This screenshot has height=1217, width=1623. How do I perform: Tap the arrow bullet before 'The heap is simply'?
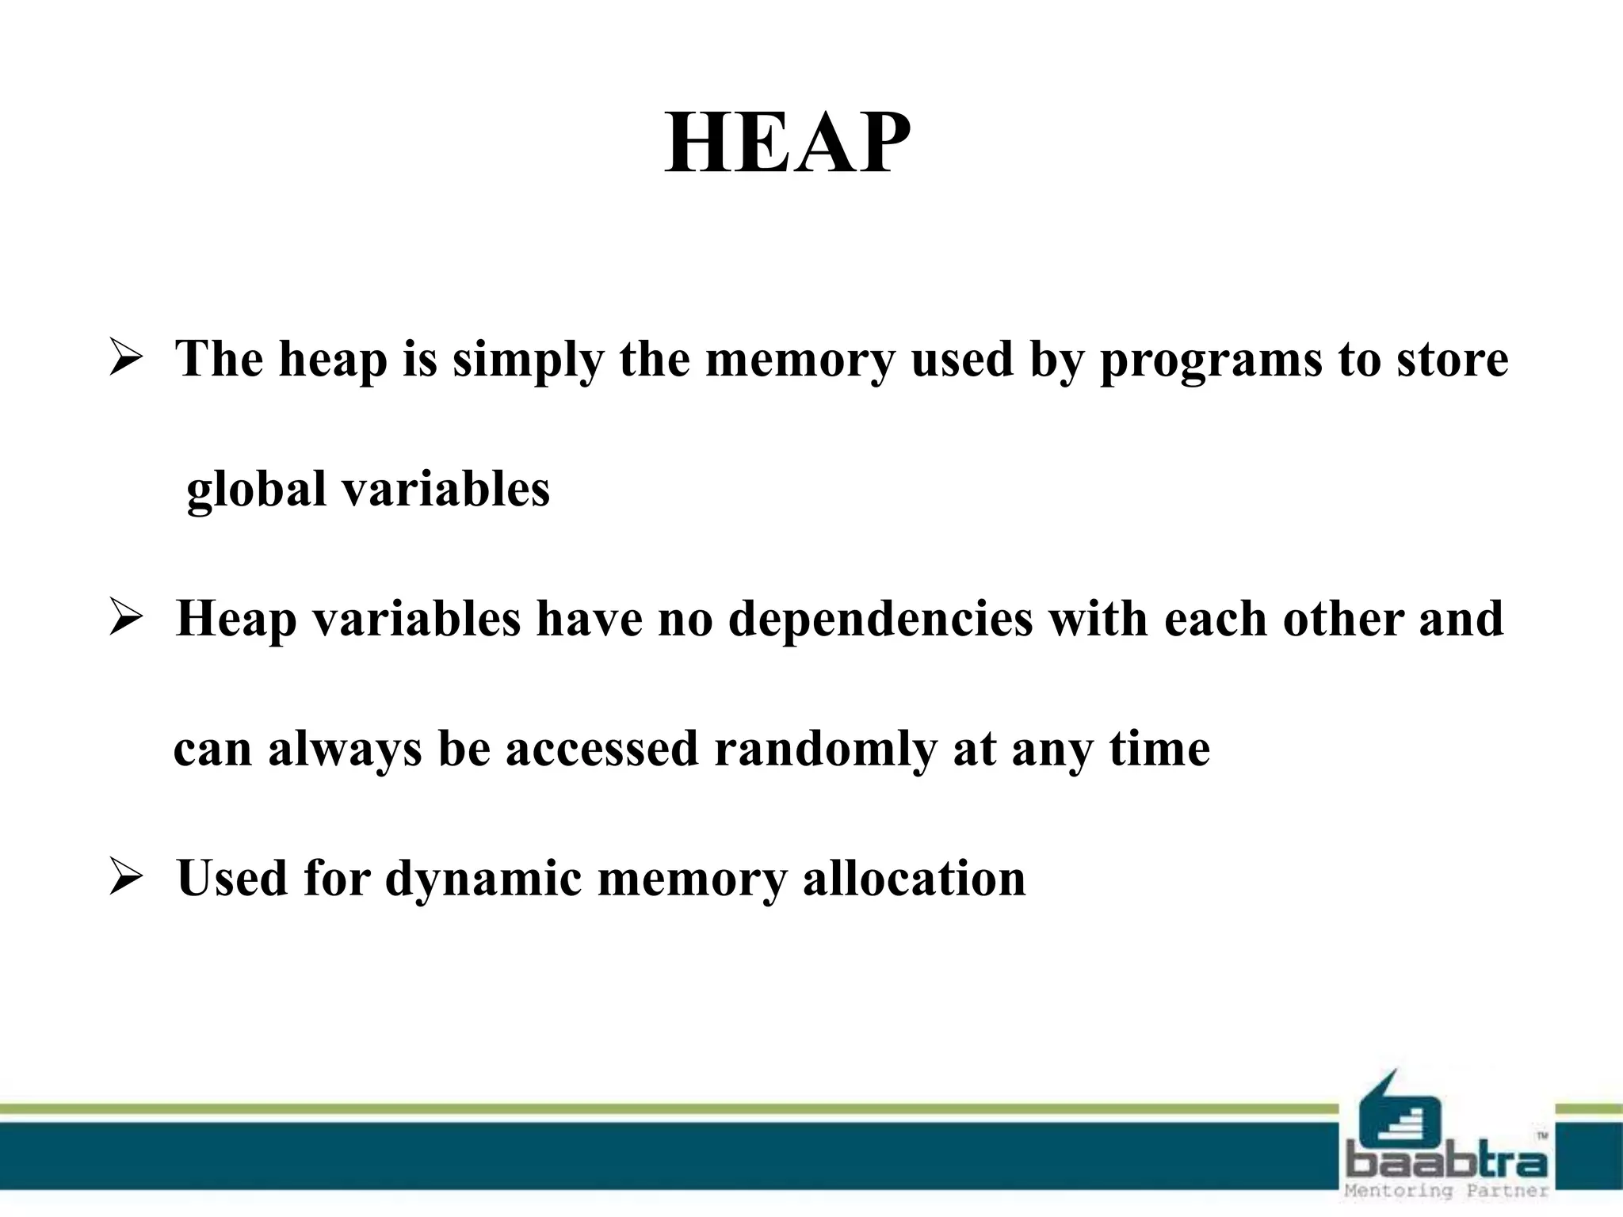click(x=125, y=359)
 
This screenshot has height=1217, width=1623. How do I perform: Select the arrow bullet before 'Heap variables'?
click(x=125, y=619)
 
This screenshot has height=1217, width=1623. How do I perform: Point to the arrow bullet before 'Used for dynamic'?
click(x=125, y=879)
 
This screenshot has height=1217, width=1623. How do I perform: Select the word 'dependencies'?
click(x=880, y=620)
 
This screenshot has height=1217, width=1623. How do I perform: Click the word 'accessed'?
click(x=602, y=749)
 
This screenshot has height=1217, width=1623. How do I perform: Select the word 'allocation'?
click(x=915, y=879)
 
